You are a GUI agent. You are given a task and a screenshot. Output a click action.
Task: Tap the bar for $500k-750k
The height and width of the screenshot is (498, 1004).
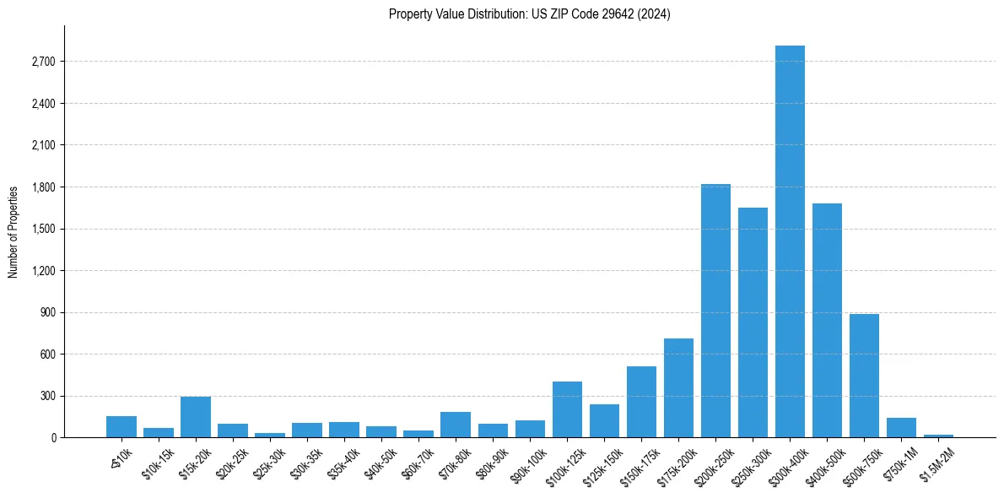(864, 376)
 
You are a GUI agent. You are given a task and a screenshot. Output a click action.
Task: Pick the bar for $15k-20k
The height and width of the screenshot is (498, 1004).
(196, 417)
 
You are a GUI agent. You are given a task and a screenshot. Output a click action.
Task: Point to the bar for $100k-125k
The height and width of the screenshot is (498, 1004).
(567, 409)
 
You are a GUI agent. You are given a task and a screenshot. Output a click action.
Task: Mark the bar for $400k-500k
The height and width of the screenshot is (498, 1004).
(827, 321)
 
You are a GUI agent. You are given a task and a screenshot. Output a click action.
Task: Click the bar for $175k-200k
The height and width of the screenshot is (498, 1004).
(678, 388)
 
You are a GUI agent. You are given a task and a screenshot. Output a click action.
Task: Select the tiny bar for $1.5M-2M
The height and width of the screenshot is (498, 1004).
(938, 436)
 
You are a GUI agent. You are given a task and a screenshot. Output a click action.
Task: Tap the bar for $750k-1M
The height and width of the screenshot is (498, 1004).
(901, 428)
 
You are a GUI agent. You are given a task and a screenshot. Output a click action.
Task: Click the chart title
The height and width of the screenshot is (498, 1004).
(530, 14)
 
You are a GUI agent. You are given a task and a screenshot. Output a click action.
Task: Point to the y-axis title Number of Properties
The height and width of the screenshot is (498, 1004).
(13, 231)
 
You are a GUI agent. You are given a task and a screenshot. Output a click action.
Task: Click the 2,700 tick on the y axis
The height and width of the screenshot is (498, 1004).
(42, 62)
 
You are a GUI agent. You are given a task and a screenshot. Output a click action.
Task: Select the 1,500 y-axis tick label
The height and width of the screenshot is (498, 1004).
(42, 229)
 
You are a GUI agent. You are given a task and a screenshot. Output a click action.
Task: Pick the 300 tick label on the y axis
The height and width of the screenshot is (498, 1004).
(46, 396)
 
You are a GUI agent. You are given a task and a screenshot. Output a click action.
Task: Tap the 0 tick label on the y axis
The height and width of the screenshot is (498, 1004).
(52, 438)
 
